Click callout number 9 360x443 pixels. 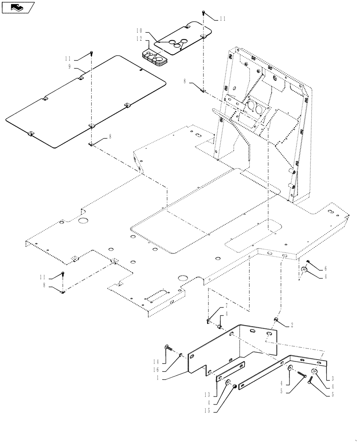(x=70, y=67)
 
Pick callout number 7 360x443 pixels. (x=226, y=306)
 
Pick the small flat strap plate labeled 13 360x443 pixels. (x=231, y=372)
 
